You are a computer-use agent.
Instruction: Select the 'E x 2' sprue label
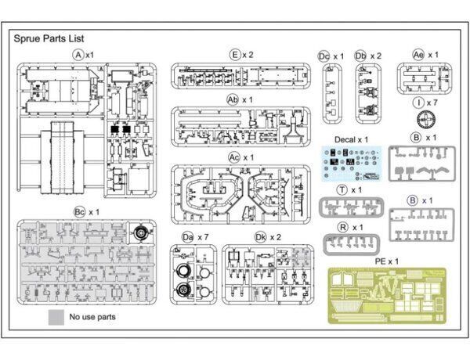point(240,54)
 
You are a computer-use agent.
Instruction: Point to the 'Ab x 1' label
point(240,100)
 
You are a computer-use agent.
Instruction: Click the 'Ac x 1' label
point(240,157)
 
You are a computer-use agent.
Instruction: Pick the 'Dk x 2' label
point(266,236)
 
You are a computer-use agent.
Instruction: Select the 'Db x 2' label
point(367,56)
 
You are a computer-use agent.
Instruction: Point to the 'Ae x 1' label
point(426,54)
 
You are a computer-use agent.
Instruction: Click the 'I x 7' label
point(426,103)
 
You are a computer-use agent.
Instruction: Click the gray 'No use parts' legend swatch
point(56,317)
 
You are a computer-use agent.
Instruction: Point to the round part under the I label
point(426,121)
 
